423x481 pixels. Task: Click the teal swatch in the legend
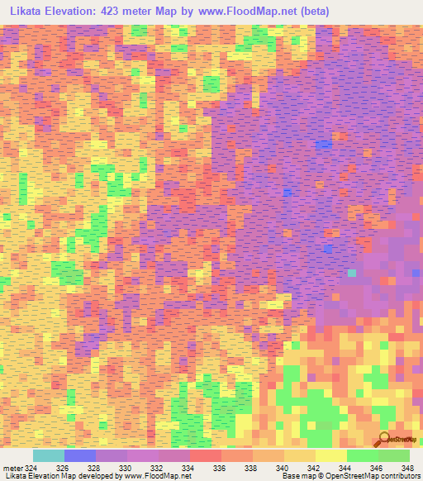(48, 455)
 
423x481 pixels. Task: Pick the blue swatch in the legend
(79, 455)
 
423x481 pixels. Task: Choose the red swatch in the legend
(205, 455)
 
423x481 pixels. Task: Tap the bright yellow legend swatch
(330, 455)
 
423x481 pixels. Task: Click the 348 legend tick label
(407, 468)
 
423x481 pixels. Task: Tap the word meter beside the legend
(12, 468)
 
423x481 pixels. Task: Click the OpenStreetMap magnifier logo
(384, 439)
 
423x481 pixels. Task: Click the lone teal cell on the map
(353, 272)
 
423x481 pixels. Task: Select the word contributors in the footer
(400, 477)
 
